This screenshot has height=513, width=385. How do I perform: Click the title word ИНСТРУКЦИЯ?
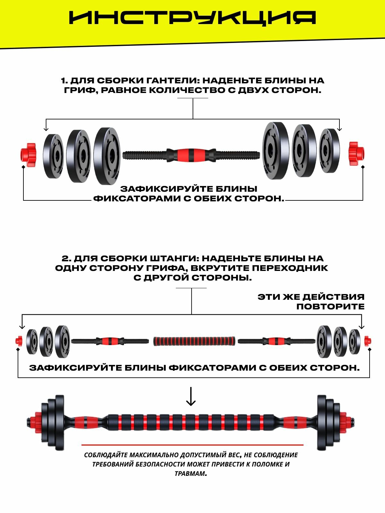[193, 18]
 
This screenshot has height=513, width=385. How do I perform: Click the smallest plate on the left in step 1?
[53, 156]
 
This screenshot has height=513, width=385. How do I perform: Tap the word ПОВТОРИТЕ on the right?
[330, 307]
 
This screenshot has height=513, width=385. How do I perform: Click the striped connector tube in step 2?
[194, 341]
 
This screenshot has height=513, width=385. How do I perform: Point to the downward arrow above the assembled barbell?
[191, 397]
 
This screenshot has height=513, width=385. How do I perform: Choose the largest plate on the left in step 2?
[62, 341]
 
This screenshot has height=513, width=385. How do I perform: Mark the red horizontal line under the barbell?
[193, 445]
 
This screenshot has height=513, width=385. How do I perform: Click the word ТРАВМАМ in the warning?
[190, 474]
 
